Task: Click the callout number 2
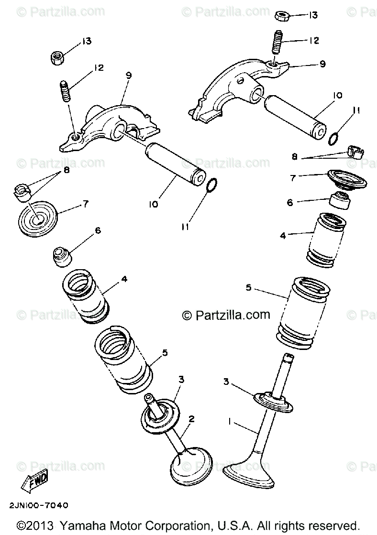pyautogui.click(x=191, y=419)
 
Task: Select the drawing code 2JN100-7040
pyautogui.click(x=38, y=505)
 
